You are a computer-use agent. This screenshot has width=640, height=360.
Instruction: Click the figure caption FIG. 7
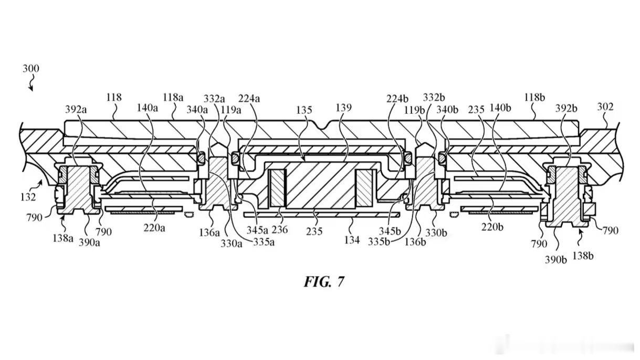click(x=324, y=282)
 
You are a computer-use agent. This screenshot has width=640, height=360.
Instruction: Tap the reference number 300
click(x=31, y=69)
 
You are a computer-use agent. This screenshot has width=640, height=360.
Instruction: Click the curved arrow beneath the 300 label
click(x=31, y=83)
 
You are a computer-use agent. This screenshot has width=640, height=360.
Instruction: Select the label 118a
click(x=173, y=98)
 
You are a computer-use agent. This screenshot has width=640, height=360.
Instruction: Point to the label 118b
click(x=534, y=98)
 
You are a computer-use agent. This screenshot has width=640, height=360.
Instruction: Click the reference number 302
click(x=605, y=107)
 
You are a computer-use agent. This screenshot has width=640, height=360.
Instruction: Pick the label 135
click(x=304, y=110)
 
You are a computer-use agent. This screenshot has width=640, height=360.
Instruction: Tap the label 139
click(x=343, y=108)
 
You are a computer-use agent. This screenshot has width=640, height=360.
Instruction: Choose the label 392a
click(x=76, y=109)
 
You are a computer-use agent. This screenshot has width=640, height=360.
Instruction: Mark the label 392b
click(x=566, y=109)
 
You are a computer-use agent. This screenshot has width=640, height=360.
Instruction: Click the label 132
click(x=28, y=197)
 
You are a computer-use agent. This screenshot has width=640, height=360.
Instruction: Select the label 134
click(x=352, y=240)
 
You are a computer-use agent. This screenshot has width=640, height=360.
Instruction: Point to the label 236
click(x=280, y=229)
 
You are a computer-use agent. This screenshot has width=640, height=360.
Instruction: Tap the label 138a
click(x=63, y=238)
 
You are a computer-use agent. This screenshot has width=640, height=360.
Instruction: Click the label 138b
click(x=583, y=256)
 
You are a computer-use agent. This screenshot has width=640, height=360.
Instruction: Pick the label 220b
click(x=492, y=227)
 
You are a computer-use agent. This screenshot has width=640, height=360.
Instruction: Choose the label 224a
click(x=249, y=99)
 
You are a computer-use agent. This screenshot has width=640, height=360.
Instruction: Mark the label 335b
click(x=379, y=242)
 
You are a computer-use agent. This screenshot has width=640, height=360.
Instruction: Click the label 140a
click(x=148, y=108)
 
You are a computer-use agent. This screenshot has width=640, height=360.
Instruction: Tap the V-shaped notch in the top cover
click(x=322, y=125)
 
